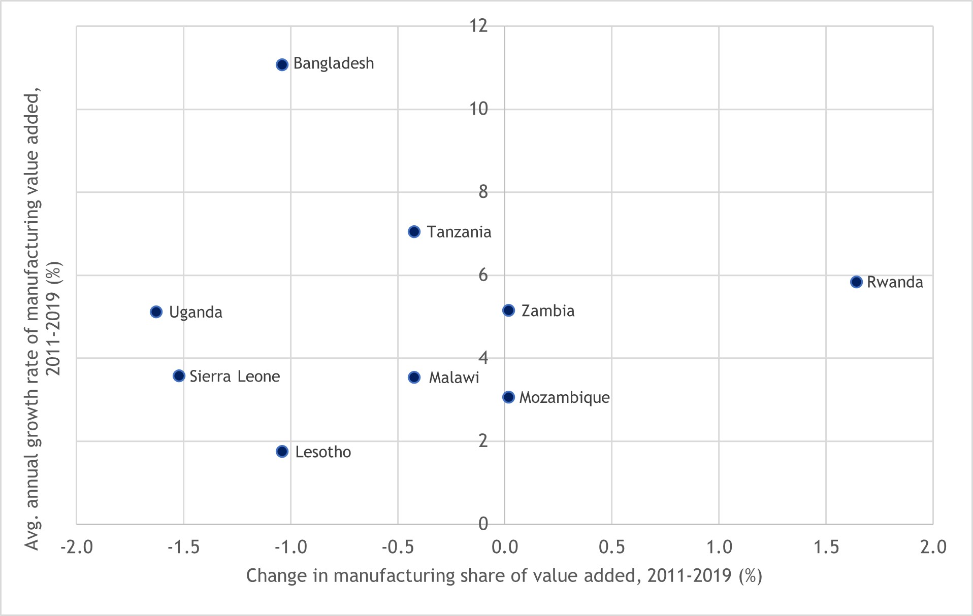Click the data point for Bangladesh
(x=282, y=64)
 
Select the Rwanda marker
(x=856, y=282)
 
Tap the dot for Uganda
(x=156, y=312)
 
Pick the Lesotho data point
(x=282, y=451)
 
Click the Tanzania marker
(x=414, y=232)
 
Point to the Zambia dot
(x=508, y=310)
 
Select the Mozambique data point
(x=508, y=397)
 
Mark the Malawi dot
(x=414, y=378)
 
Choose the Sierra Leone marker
(x=179, y=376)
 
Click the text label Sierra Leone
(x=235, y=377)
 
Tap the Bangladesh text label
(x=334, y=63)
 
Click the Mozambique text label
(x=564, y=397)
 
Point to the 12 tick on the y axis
(x=478, y=25)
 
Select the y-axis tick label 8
(x=483, y=192)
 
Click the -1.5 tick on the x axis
(x=184, y=547)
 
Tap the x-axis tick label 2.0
(x=933, y=547)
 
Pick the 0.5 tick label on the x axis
(x=612, y=547)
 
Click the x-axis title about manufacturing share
(x=504, y=576)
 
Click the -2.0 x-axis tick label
(x=77, y=547)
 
